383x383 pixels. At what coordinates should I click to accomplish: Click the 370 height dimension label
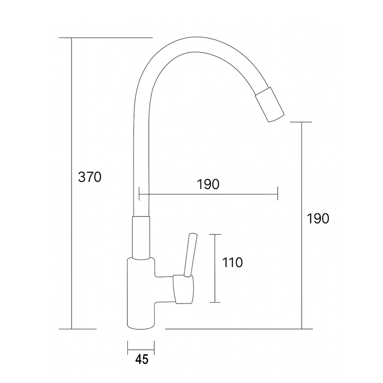click(x=90, y=177)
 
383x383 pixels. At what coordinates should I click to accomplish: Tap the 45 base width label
click(x=142, y=360)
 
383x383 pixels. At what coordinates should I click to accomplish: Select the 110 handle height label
click(x=232, y=262)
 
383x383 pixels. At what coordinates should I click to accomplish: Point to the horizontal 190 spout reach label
click(x=208, y=184)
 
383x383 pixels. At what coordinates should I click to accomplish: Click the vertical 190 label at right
click(x=318, y=218)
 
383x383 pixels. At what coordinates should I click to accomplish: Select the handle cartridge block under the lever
click(x=183, y=290)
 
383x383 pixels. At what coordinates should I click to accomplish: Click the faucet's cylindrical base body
click(x=141, y=293)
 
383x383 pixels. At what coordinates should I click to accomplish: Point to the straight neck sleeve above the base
click(x=141, y=237)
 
